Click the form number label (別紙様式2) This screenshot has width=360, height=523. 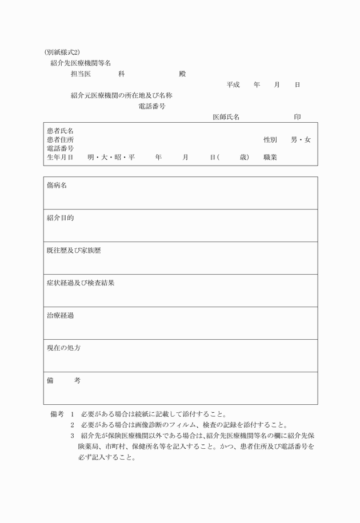(x=62, y=53)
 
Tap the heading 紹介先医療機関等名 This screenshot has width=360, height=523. (x=81, y=63)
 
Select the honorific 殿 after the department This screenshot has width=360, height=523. (x=182, y=74)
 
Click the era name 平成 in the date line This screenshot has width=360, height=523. (x=233, y=85)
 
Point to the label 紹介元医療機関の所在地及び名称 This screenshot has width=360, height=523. (x=121, y=95)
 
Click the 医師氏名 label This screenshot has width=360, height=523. (x=226, y=117)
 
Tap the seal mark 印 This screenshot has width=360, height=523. (x=297, y=117)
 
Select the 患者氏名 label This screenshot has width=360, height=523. (x=60, y=131)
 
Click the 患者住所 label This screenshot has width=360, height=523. (x=60, y=140)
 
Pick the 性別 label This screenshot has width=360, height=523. (x=270, y=140)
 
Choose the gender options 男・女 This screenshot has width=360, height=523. (x=301, y=140)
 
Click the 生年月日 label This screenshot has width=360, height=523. (x=60, y=157)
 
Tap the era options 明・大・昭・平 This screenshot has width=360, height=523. (x=111, y=157)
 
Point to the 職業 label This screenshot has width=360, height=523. (x=270, y=157)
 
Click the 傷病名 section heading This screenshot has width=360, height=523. (x=57, y=186)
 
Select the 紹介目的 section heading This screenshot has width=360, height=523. (x=60, y=218)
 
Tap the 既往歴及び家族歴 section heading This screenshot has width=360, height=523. (x=74, y=251)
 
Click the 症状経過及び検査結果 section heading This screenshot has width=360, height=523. (x=81, y=283)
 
